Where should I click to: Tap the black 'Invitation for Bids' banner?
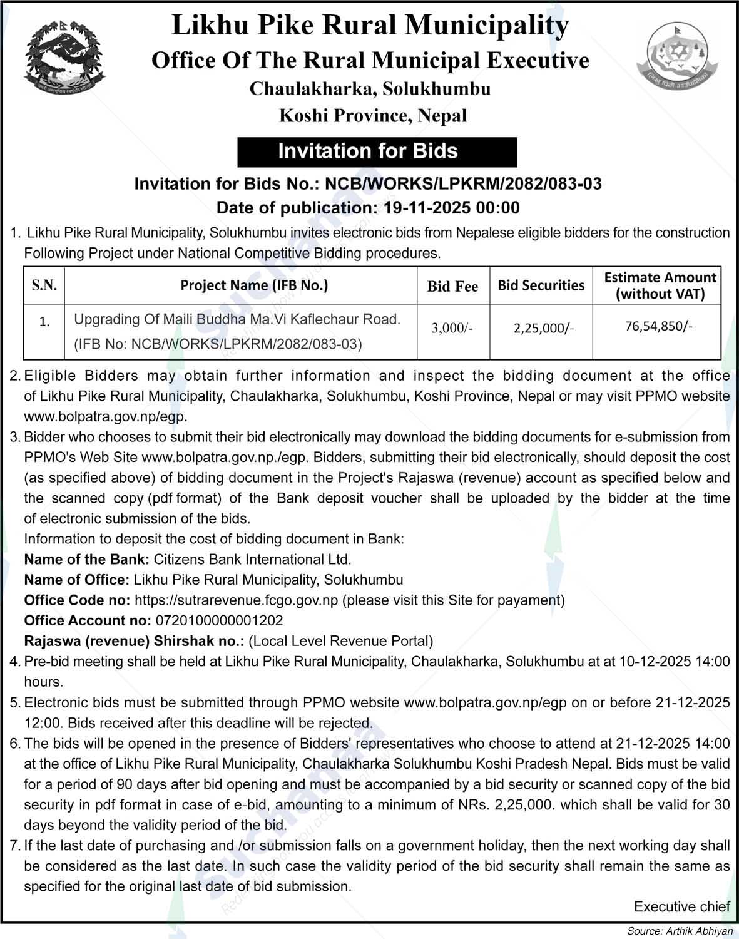click(x=368, y=151)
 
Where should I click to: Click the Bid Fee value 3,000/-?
click(x=452, y=327)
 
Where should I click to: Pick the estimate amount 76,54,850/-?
click(x=659, y=326)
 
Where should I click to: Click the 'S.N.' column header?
click(x=44, y=285)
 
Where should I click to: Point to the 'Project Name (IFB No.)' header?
click(x=254, y=285)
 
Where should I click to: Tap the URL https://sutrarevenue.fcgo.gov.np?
click(x=237, y=600)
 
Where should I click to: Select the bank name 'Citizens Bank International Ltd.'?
click(x=253, y=559)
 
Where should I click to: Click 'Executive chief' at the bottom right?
click(x=681, y=906)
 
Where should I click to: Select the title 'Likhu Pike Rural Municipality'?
click(x=370, y=26)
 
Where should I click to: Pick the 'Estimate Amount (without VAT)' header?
click(x=660, y=285)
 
